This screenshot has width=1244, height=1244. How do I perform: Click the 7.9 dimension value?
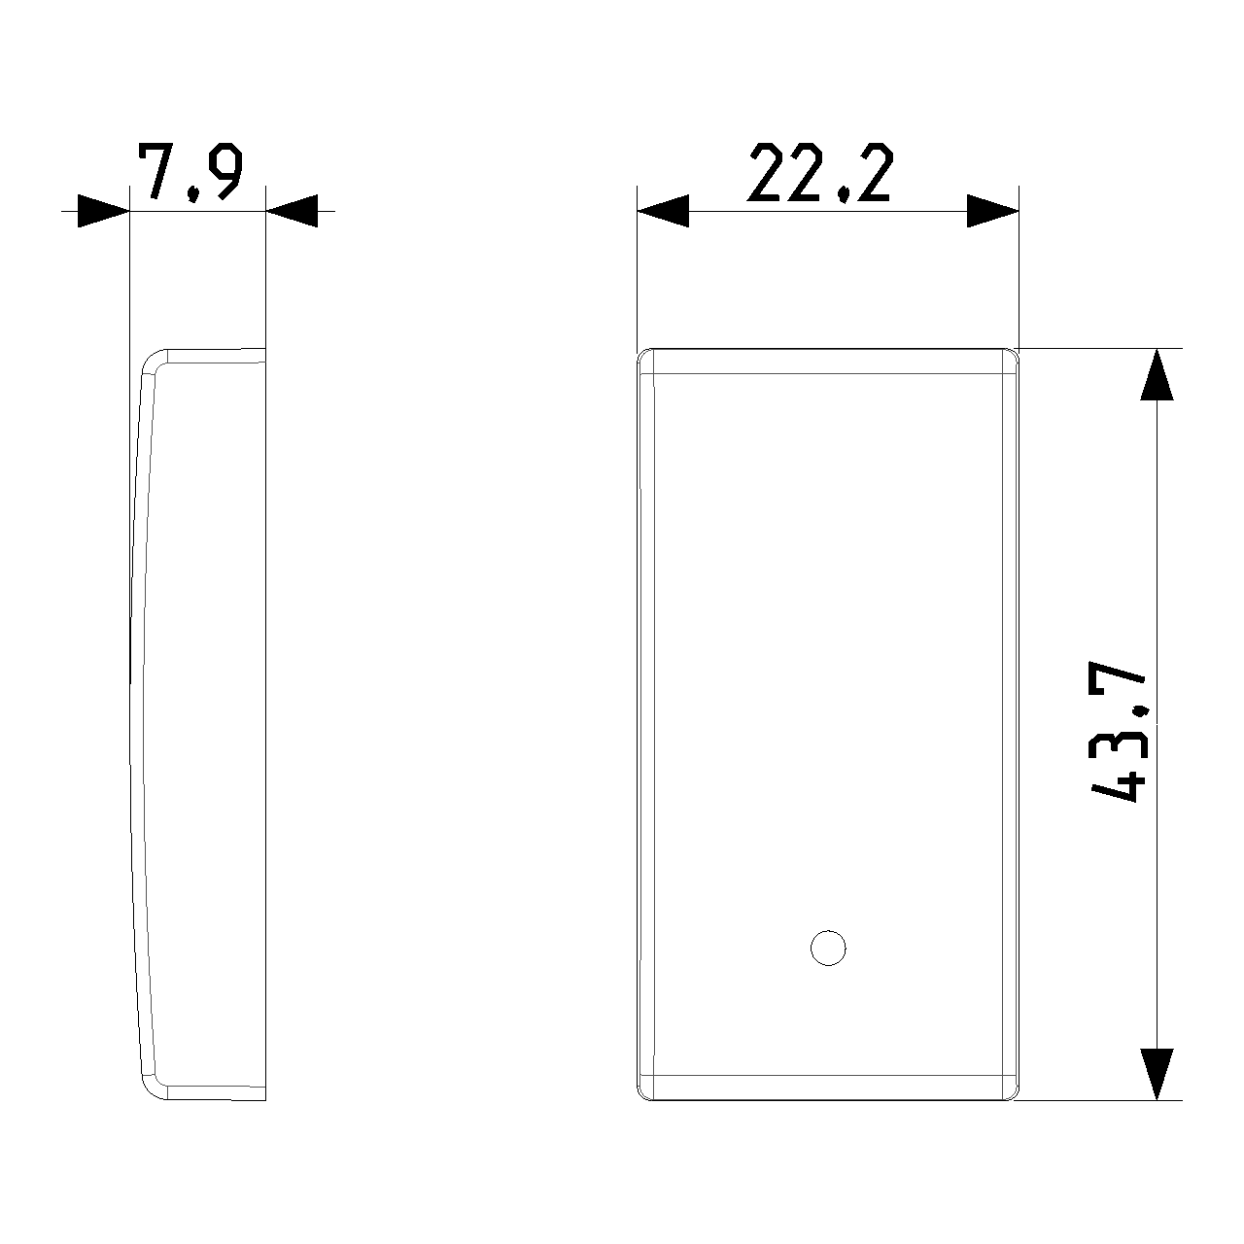click(190, 172)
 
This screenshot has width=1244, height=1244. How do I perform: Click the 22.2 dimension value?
click(820, 172)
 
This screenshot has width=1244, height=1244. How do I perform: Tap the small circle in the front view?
click(828, 949)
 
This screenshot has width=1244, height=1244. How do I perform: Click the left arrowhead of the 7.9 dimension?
click(104, 211)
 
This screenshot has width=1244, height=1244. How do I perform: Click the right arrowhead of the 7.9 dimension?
click(292, 211)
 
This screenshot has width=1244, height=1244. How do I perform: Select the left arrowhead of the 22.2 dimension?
click(663, 211)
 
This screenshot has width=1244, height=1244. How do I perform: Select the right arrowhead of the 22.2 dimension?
click(993, 211)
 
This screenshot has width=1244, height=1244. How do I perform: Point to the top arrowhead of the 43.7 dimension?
click(1157, 374)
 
